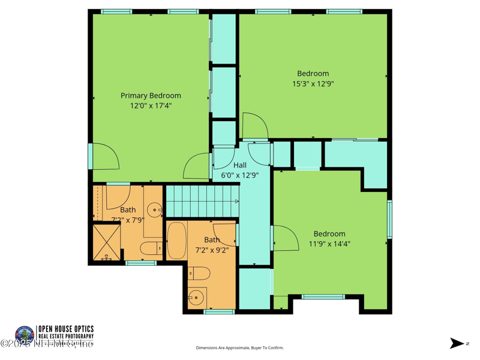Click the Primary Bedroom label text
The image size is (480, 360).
(x=151, y=95)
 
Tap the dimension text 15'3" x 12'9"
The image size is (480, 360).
(x=313, y=84)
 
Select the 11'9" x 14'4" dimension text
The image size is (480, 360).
(x=329, y=244)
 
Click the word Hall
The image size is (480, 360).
(x=240, y=165)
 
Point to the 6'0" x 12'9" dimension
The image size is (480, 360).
(x=240, y=176)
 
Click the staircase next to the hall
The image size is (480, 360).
(x=202, y=201)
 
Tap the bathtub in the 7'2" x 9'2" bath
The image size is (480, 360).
(x=176, y=241)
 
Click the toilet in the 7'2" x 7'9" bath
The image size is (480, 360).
(x=151, y=248)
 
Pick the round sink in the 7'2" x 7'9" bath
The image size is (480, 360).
(x=155, y=210)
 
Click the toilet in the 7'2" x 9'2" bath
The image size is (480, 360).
(x=199, y=274)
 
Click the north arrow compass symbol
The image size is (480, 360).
(x=457, y=343)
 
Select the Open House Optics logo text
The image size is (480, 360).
(x=65, y=332)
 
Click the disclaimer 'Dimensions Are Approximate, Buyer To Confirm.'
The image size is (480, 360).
(x=240, y=348)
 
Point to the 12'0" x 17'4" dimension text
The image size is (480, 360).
(x=151, y=106)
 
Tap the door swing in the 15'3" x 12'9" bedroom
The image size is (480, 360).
(x=254, y=126)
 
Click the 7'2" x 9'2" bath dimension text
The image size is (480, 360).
(x=212, y=250)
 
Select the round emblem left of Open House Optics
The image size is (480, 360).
(x=25, y=334)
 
